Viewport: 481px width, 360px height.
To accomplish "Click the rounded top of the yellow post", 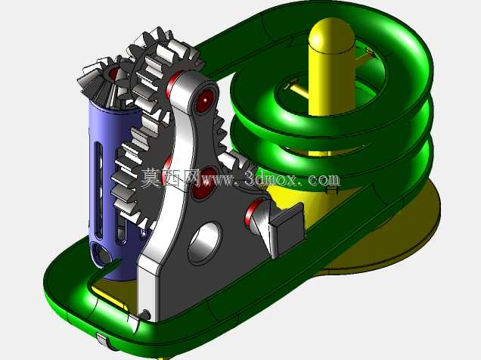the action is [x=331, y=34].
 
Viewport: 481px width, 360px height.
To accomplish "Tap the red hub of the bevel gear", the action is [x=113, y=73].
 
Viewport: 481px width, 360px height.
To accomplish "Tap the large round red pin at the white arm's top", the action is [x=204, y=100].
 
